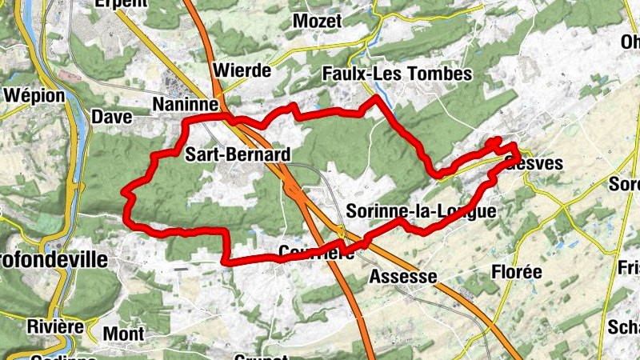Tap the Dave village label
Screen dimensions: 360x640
point(112,117)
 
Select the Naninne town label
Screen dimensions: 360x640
point(185,105)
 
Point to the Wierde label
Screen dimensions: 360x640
point(243,70)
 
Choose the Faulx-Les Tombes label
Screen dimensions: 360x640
point(397,74)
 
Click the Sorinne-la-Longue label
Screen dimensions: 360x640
point(422,211)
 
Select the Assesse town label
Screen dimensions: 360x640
point(403,277)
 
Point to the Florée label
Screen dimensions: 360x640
point(516,272)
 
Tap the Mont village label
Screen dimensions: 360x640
point(124,334)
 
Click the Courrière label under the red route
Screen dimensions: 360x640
point(317,253)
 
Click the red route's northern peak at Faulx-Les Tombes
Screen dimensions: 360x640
point(375,98)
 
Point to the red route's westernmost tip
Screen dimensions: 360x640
point(123,191)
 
